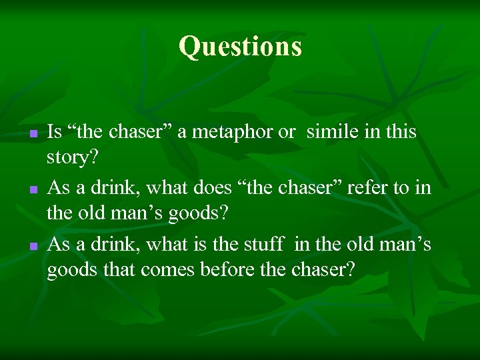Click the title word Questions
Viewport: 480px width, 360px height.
point(240,47)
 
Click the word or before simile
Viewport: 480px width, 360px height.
point(286,132)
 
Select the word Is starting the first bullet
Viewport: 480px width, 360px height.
point(55,132)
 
